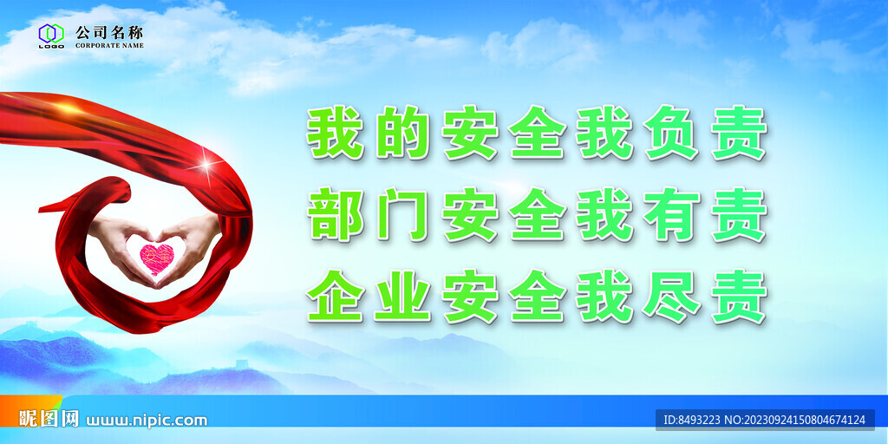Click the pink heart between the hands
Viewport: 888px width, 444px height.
tap(157, 258)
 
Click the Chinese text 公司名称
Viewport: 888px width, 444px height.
tap(109, 31)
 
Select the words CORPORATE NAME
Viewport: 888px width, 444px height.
tap(109, 44)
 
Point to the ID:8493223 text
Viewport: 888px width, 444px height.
tap(691, 421)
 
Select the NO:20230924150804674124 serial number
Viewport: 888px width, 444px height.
tap(795, 421)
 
